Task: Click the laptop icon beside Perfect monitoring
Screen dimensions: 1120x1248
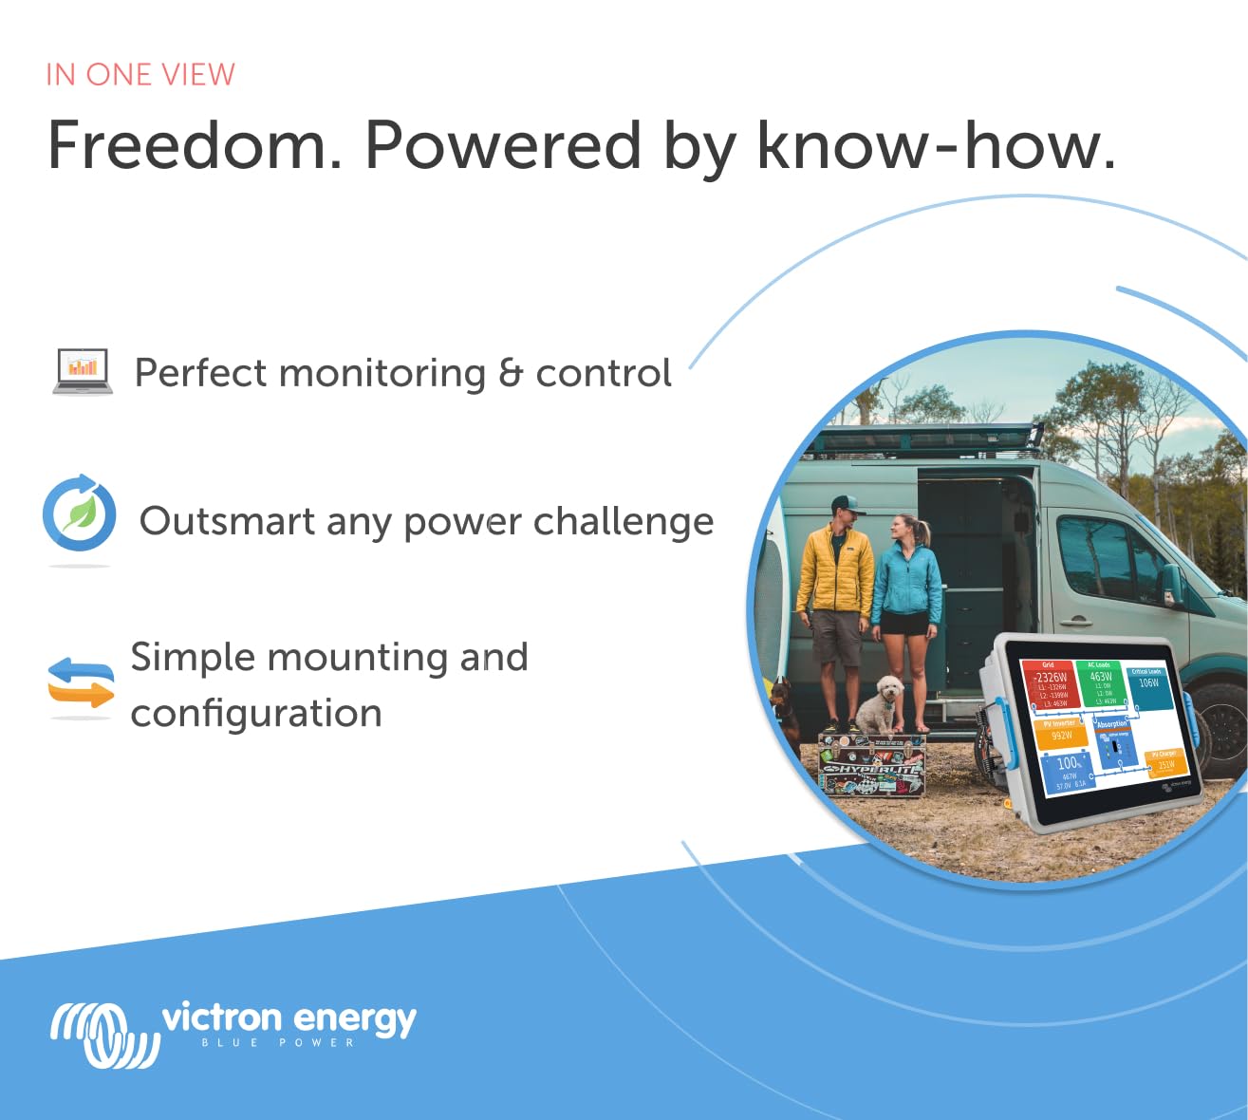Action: point(83,371)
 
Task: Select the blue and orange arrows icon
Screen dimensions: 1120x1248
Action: point(81,683)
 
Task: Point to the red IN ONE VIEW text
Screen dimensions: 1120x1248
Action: point(140,75)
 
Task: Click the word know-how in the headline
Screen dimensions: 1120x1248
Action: point(935,146)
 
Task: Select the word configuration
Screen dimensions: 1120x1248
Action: point(256,714)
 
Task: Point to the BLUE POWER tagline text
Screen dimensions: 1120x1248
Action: point(278,1043)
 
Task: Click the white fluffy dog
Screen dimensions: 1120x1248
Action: point(880,706)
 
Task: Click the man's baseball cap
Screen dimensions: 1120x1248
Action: point(846,505)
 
